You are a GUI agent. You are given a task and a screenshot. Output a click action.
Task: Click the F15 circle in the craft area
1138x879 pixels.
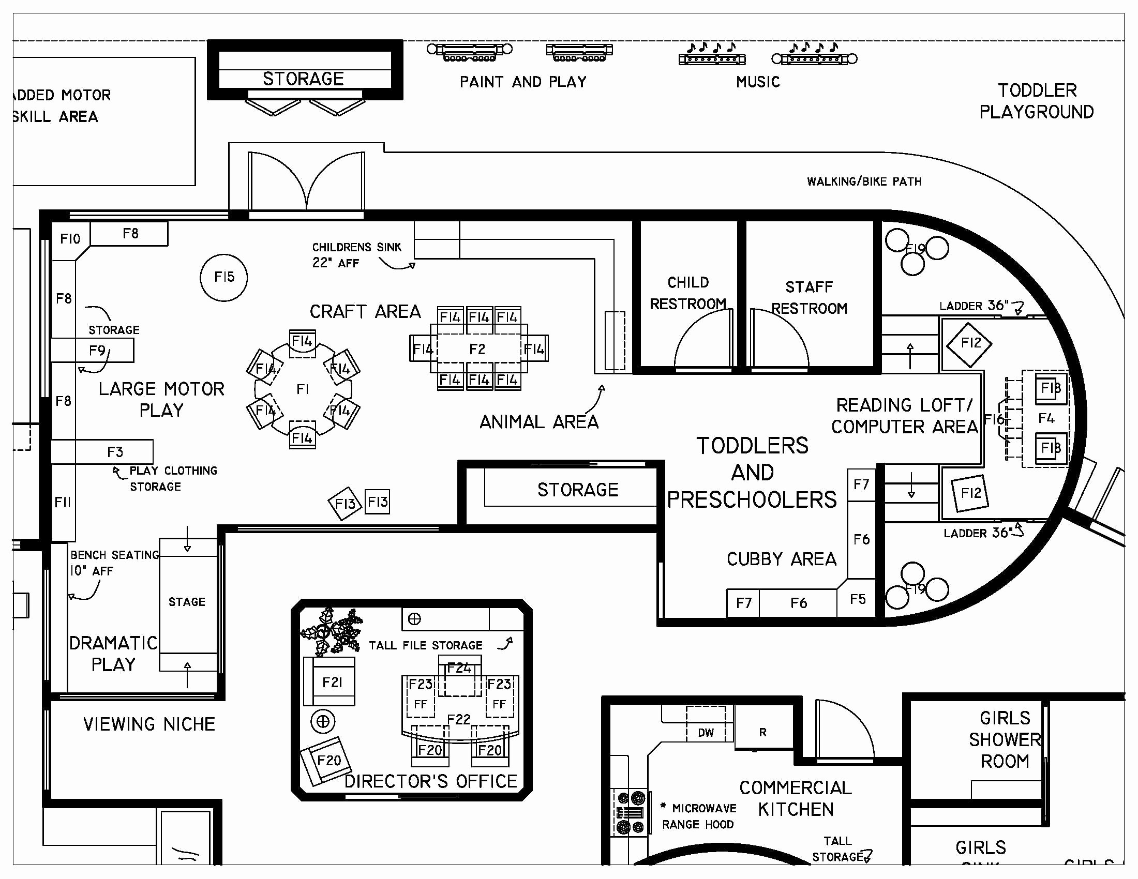223,278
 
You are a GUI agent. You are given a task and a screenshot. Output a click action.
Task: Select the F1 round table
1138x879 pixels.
303,389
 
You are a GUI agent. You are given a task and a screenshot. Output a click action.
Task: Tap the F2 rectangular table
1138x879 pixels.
477,349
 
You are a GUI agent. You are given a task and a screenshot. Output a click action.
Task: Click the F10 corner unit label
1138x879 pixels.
70,239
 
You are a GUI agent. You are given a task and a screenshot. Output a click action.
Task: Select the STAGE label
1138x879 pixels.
187,602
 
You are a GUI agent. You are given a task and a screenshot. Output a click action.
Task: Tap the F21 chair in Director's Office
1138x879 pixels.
332,682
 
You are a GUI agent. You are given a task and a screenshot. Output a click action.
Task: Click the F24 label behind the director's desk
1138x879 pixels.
459,668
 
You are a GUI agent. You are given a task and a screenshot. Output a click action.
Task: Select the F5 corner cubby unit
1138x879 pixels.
858,599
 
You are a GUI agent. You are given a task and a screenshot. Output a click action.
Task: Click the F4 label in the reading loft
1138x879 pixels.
1046,418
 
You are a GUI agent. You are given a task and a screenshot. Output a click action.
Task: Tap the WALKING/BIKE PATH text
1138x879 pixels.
864,181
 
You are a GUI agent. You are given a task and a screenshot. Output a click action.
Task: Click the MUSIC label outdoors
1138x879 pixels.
758,82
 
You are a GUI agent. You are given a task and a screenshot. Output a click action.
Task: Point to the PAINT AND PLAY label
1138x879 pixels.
522,82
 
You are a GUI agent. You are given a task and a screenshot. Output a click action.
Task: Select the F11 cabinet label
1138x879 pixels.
63,502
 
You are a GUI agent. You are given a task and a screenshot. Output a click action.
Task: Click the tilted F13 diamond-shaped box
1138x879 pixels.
345,503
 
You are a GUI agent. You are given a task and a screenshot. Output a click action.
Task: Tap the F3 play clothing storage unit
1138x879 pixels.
115,452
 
